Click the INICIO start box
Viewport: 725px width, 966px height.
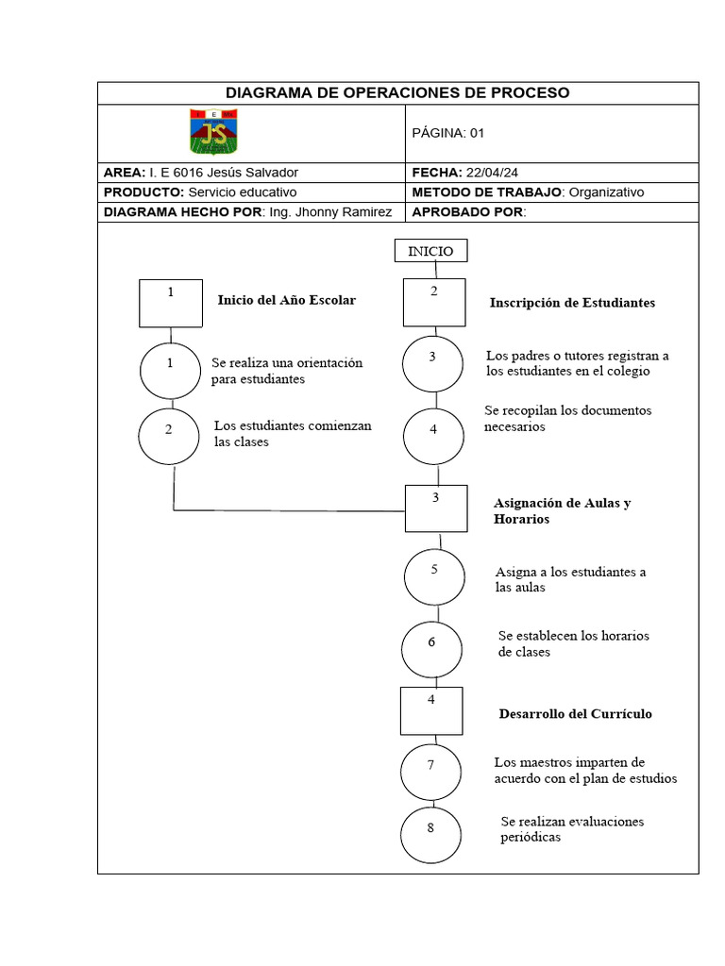[x=430, y=251]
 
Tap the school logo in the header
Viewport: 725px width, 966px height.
[x=214, y=132]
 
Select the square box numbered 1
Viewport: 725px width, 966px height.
[x=170, y=303]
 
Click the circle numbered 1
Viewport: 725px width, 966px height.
[x=171, y=370]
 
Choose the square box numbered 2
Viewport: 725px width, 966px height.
[x=434, y=302]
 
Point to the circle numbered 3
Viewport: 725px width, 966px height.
[x=433, y=364]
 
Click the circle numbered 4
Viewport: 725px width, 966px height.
[x=434, y=435]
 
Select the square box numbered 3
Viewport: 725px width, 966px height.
[x=436, y=508]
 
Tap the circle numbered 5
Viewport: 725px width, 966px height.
[x=434, y=576]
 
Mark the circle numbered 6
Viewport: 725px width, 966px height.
[x=431, y=648]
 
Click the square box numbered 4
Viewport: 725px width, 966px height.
[x=431, y=710]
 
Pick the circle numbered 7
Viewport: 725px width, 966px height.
[x=430, y=772]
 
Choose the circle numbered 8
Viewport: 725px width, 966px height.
[x=430, y=834]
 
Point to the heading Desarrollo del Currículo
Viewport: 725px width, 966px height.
[x=575, y=714]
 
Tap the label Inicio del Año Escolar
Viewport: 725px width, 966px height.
[x=287, y=300]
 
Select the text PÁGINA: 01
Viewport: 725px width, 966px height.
[x=448, y=133]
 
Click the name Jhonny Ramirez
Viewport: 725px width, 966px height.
[x=344, y=212]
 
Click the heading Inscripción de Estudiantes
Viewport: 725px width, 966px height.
[x=572, y=303]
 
